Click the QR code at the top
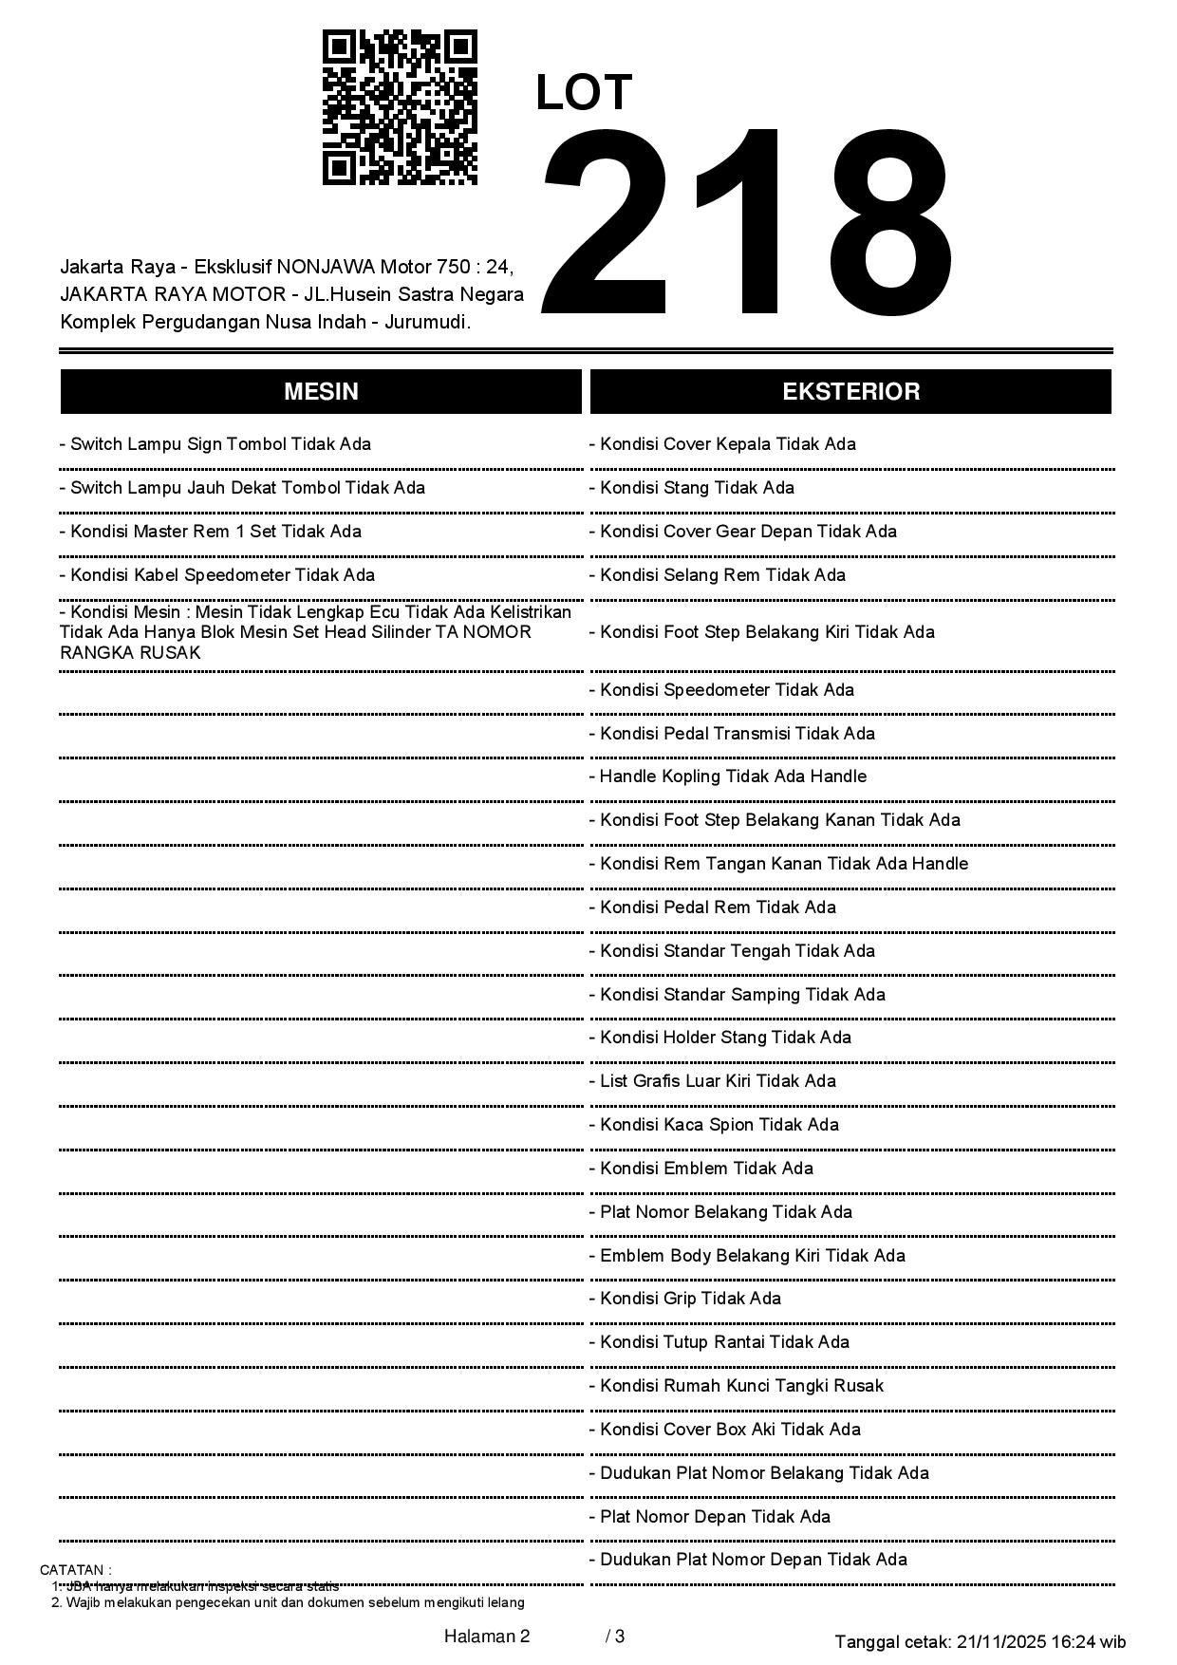tap(400, 107)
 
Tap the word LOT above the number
tap(584, 93)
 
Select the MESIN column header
tap(321, 392)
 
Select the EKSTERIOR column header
tap(850, 392)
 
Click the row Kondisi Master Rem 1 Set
tap(210, 532)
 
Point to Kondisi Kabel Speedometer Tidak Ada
tap(216, 575)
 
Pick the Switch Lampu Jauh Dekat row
tap(242, 488)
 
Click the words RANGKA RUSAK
tap(130, 653)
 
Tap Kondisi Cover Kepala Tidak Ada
tap(722, 444)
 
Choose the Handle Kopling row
tap(727, 776)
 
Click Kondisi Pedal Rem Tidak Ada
tap(712, 907)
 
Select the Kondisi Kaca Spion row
tap(714, 1125)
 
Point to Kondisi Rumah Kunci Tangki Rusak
tap(736, 1386)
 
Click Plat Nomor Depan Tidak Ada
tap(709, 1517)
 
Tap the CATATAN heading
tap(75, 1570)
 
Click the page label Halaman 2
tap(486, 1637)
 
